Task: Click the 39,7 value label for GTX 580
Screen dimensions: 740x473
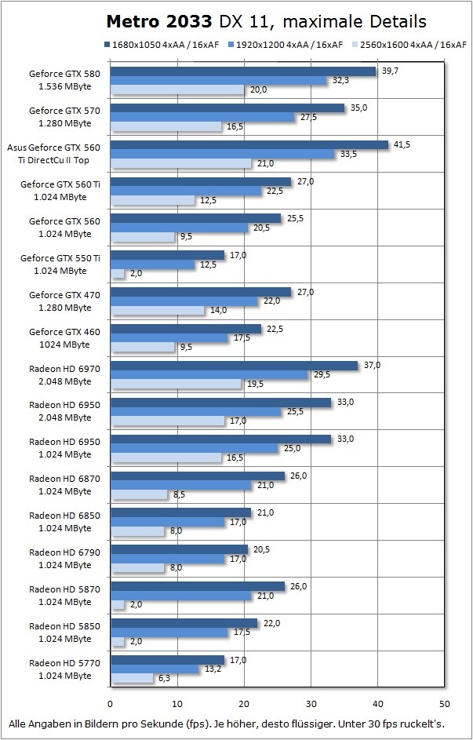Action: pyautogui.click(x=390, y=71)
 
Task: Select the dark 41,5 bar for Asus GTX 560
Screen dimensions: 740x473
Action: pyautogui.click(x=249, y=145)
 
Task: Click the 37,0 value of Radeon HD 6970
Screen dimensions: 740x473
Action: pyautogui.click(x=372, y=365)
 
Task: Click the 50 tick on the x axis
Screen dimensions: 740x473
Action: pyautogui.click(x=445, y=703)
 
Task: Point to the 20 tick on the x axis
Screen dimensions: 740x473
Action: pyautogui.click(x=244, y=703)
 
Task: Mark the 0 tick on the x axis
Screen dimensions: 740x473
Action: pyautogui.click(x=111, y=703)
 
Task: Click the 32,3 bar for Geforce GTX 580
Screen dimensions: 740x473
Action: pyautogui.click(x=219, y=81)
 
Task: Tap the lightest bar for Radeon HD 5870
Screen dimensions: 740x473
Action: pyautogui.click(x=118, y=604)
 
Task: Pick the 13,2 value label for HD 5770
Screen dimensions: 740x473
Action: pyautogui.click(x=212, y=669)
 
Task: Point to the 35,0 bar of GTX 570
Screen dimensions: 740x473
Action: pyautogui.click(x=227, y=108)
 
